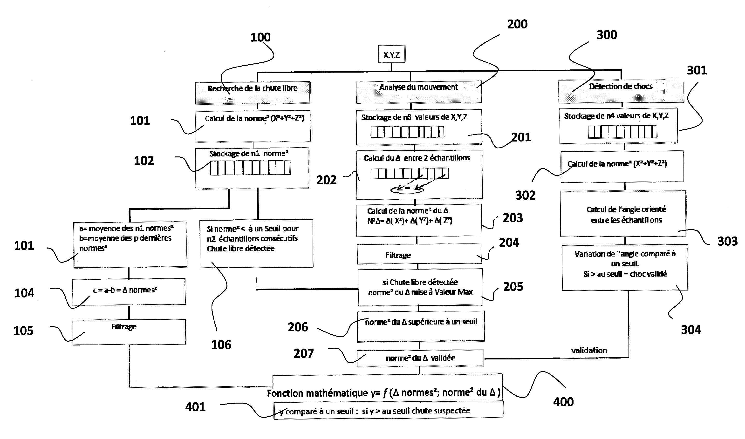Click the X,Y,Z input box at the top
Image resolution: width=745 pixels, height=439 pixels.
[x=391, y=54]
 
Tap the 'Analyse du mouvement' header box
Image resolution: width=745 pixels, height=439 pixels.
[x=418, y=92]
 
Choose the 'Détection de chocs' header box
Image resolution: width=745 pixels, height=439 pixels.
[x=621, y=91]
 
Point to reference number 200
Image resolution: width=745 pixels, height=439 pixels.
[x=517, y=24]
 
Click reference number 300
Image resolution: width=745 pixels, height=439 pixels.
[x=607, y=35]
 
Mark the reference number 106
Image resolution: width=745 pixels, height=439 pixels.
[x=221, y=345]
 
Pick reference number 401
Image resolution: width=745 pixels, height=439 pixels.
[x=195, y=407]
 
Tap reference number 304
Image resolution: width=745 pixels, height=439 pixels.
[x=691, y=330]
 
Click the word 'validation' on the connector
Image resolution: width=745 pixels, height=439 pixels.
[x=589, y=351]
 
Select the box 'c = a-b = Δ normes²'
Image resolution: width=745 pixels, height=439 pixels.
[x=129, y=291]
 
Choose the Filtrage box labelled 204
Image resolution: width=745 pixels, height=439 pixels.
[x=419, y=254]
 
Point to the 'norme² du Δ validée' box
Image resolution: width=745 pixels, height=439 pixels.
[x=420, y=358]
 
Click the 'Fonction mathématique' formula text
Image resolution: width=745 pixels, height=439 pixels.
[x=383, y=393]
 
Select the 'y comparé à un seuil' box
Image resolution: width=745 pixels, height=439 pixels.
[x=388, y=410]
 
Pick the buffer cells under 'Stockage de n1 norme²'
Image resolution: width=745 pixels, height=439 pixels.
[x=250, y=168]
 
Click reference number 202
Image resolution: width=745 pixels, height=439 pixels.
[x=326, y=180]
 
